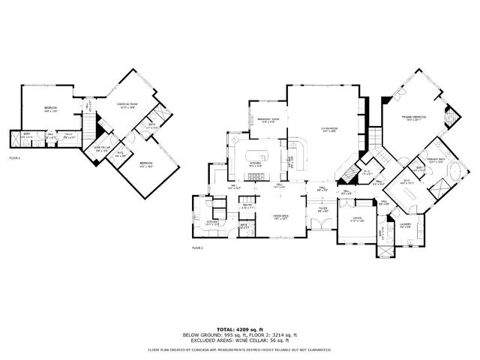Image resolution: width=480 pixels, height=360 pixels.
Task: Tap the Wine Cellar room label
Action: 101,149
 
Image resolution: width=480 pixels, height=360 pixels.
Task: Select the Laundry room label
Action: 405,225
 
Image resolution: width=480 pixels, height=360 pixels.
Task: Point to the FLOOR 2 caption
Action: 198,247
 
